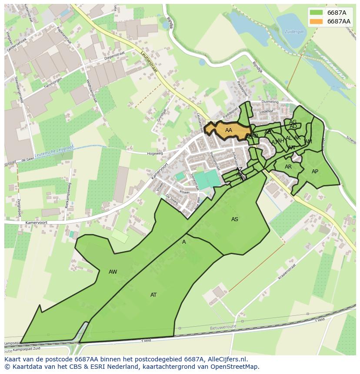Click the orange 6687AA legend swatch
[x=317, y=21]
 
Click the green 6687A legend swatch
[x=317, y=13]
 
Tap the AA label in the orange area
[x=229, y=130]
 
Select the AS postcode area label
[x=235, y=219]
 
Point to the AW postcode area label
[x=113, y=272]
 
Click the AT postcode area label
[x=153, y=295]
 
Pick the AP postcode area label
[x=315, y=172]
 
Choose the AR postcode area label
[x=288, y=167]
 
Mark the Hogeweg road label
[x=154, y=153]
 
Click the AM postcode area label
[x=308, y=142]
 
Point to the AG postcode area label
[x=293, y=122]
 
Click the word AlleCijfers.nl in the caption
[x=226, y=359]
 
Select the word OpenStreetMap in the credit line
[x=235, y=367]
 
